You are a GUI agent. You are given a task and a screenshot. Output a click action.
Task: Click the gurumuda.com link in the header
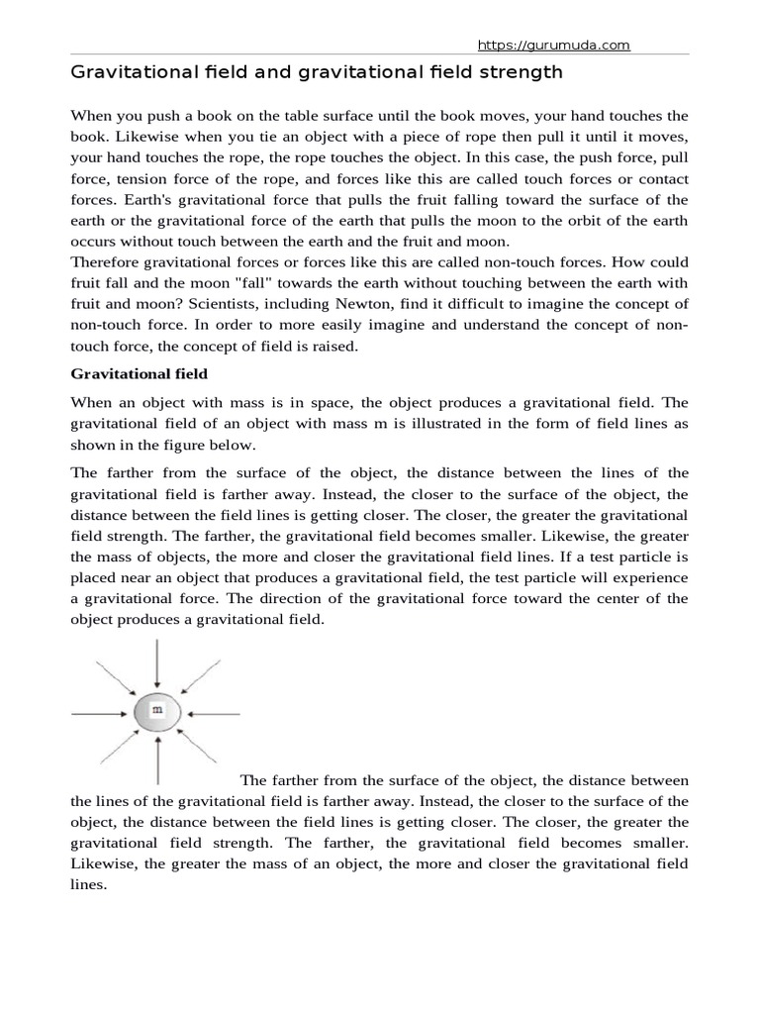[x=553, y=46]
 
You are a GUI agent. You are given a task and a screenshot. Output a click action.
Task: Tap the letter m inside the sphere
[x=157, y=711]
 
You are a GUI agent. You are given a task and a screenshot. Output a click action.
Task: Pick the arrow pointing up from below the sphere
[x=157, y=760]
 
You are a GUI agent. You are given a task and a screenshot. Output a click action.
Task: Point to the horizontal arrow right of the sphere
[x=215, y=712]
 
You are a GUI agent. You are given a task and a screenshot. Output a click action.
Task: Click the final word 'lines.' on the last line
[x=88, y=886]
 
